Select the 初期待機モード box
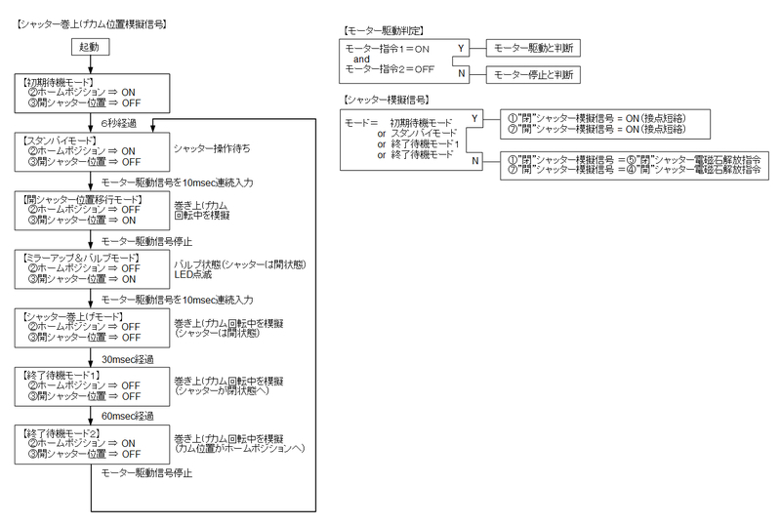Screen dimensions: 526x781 (x=91, y=94)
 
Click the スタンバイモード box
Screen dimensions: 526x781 (x=91, y=151)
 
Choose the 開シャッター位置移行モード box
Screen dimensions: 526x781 (x=91, y=209)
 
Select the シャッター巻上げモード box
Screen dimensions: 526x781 (x=91, y=328)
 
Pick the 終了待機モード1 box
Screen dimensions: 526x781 (x=91, y=385)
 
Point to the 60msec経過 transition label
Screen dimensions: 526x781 (x=128, y=415)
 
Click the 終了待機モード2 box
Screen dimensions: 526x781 (x=91, y=444)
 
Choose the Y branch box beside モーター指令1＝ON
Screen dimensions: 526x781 (x=461, y=47)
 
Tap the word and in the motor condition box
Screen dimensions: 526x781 (x=362, y=59)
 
